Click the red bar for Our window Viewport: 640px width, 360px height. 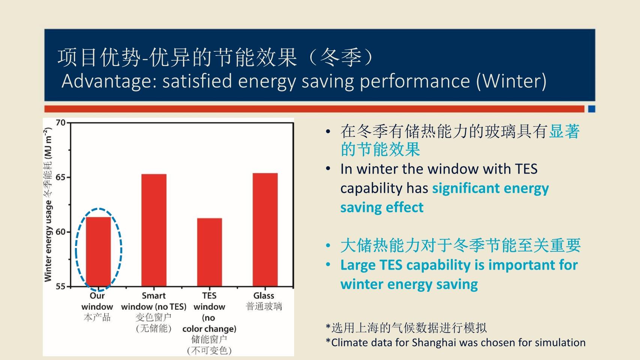pyautogui.click(x=99, y=252)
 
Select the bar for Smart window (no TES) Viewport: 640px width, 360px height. pyautogui.click(x=154, y=230)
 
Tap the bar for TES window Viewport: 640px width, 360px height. pyautogui.click(x=209, y=252)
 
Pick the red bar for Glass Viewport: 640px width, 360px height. pyautogui.click(x=265, y=230)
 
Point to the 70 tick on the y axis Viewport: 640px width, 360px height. pyautogui.click(x=60, y=123)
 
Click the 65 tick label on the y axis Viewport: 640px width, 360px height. pyautogui.click(x=60, y=177)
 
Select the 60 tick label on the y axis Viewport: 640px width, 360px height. pyautogui.click(x=60, y=232)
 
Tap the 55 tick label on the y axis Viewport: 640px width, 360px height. pyautogui.click(x=60, y=286)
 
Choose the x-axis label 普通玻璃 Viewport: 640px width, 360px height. pyautogui.click(x=264, y=307)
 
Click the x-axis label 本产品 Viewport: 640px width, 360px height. pyautogui.click(x=97, y=317)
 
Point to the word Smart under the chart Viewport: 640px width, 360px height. pyautogui.click(x=154, y=296)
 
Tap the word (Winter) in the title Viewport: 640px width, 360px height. pyautogui.click(x=511, y=81)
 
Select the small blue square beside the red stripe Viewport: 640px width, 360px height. pyautogui.click(x=592, y=109)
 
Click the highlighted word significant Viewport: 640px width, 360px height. pyautogui.click(x=466, y=189)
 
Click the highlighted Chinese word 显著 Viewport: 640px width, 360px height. pyautogui.click(x=564, y=131)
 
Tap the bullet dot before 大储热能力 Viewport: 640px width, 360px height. pyautogui.click(x=328, y=245)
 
